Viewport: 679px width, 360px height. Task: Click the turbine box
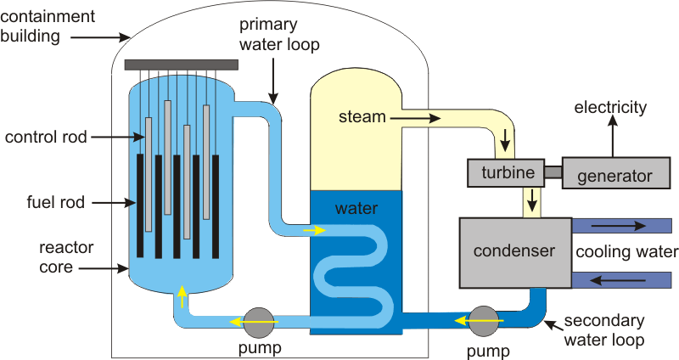pyautogui.click(x=506, y=173)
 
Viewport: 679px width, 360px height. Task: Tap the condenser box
pyautogui.click(x=514, y=251)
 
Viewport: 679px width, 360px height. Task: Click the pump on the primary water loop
pyautogui.click(x=258, y=321)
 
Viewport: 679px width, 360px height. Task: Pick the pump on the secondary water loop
pyautogui.click(x=484, y=321)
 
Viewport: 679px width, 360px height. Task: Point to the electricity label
pyautogui.click(x=610, y=108)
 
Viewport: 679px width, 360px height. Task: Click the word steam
pyautogui.click(x=362, y=115)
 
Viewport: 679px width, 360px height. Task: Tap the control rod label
pyautogui.click(x=46, y=136)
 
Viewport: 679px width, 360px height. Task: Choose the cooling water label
pyautogui.click(x=626, y=252)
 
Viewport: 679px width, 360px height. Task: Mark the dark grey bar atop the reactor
pyautogui.click(x=181, y=65)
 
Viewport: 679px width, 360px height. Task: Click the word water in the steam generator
pyautogui.click(x=356, y=207)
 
